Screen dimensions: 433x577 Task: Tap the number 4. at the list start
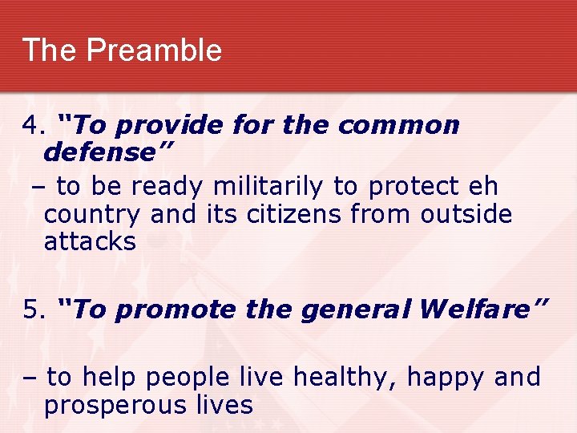34,126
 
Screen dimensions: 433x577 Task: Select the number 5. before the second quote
34,310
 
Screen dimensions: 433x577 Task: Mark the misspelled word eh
485,186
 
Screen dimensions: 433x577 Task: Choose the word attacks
90,242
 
